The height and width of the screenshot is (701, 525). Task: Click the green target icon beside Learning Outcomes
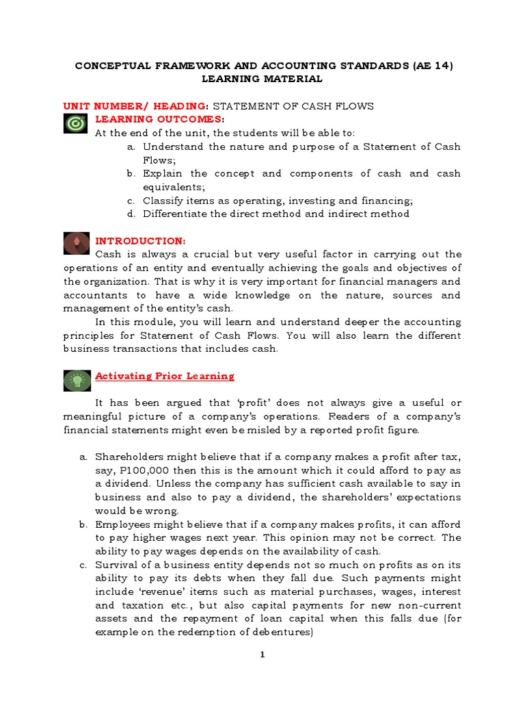click(75, 123)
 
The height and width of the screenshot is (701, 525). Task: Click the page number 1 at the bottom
click(262, 655)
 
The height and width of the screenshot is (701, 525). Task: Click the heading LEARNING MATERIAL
click(262, 79)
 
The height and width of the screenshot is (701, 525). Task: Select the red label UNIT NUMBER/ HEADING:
click(135, 106)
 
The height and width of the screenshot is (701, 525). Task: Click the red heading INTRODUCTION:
click(139, 241)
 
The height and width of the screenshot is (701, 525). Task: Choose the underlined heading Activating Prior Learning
click(165, 376)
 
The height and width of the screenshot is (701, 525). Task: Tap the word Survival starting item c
click(116, 565)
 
